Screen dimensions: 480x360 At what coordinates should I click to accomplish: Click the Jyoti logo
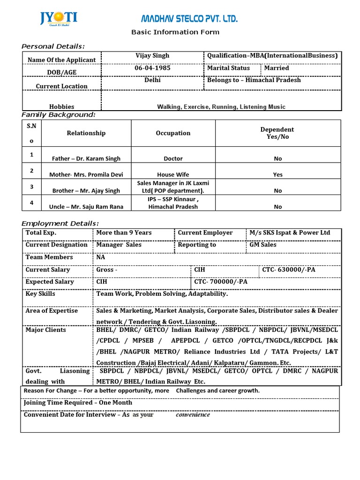pyautogui.click(x=59, y=19)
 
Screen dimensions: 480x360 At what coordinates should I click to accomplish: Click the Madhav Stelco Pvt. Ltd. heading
pyautogui.click(x=190, y=19)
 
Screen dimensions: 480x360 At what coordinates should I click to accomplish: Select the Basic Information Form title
pyautogui.click(x=175, y=32)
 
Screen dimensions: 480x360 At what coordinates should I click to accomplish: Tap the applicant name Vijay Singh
pyautogui.click(x=152, y=56)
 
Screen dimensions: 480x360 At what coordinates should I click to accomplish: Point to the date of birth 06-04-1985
pyautogui.click(x=152, y=68)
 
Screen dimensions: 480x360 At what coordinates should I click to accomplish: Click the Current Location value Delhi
pyautogui.click(x=152, y=80)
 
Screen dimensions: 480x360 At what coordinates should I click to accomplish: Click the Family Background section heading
pyautogui.click(x=59, y=115)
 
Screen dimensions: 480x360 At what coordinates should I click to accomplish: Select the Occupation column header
pyautogui.click(x=173, y=133)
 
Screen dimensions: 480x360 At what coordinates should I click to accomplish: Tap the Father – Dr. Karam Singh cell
pyautogui.click(x=86, y=159)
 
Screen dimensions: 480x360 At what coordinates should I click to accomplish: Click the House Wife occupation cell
pyautogui.click(x=173, y=174)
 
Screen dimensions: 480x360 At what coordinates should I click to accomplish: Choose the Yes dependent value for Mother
pyautogui.click(x=278, y=174)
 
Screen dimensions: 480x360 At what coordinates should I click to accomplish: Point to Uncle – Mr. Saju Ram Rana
pyautogui.click(x=86, y=207)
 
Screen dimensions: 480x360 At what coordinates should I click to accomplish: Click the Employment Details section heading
pyautogui.click(x=60, y=224)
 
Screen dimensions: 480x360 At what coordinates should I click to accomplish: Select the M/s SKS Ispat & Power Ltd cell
pyautogui.click(x=290, y=233)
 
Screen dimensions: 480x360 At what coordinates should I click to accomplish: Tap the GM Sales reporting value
pyautogui.click(x=263, y=245)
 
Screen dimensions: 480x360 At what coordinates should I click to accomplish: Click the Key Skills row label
pyautogui.click(x=40, y=294)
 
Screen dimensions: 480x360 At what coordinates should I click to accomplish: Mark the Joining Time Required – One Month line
pyautogui.click(x=78, y=403)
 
